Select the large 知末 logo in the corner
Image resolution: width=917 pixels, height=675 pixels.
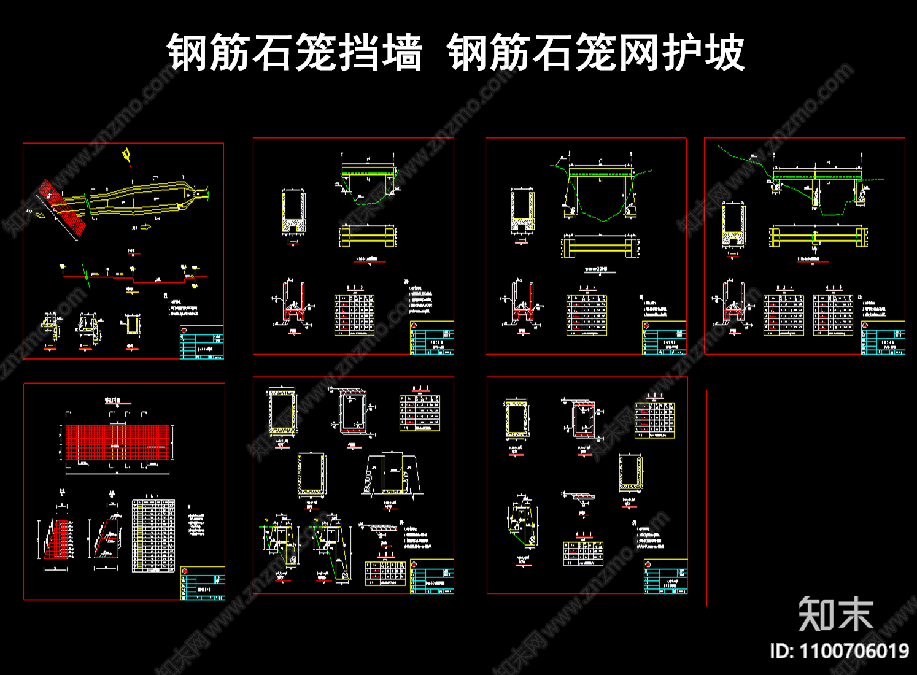pyautogui.click(x=836, y=614)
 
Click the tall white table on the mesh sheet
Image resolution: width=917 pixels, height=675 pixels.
pyautogui.click(x=153, y=536)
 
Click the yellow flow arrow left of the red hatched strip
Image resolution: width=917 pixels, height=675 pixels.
pyautogui.click(x=41, y=214)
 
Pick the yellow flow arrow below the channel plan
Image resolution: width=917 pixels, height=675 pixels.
pyautogui.click(x=145, y=227)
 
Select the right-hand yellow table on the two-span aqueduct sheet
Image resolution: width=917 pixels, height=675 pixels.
pyautogui.click(x=833, y=315)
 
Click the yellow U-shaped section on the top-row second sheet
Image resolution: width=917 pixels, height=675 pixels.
pyautogui.click(x=294, y=212)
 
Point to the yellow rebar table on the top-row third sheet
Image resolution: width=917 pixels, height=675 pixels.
pyautogui.click(x=586, y=315)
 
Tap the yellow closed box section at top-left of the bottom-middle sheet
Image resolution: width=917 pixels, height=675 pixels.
pyautogui.click(x=282, y=413)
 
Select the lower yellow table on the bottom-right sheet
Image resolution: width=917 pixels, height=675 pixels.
pyautogui.click(x=583, y=553)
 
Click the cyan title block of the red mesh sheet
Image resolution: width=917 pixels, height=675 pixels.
pyautogui.click(x=203, y=583)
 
